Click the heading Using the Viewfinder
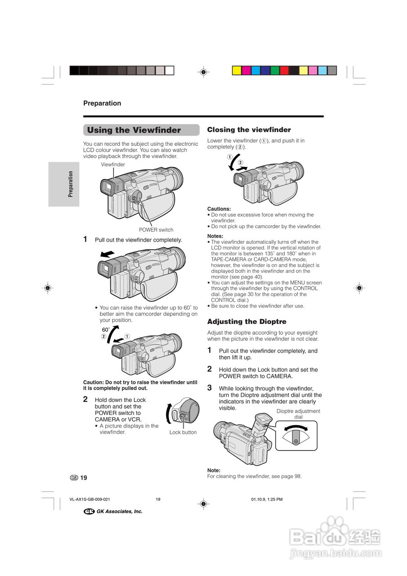[x=134, y=130]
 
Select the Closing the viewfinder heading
[x=249, y=130]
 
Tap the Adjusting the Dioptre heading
[x=247, y=322]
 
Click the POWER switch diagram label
[x=156, y=230]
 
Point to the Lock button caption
[x=183, y=432]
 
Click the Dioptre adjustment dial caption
[x=298, y=414]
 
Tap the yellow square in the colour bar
[x=236, y=70]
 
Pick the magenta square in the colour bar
[x=246, y=70]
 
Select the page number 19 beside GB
[x=84, y=478]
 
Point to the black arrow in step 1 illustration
[x=108, y=255]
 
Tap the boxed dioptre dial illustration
[x=296, y=436]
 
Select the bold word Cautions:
[x=219, y=209]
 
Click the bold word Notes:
[x=216, y=236]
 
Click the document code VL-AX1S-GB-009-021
[x=90, y=499]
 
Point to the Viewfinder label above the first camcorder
[x=113, y=165]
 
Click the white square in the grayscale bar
[x=169, y=70]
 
